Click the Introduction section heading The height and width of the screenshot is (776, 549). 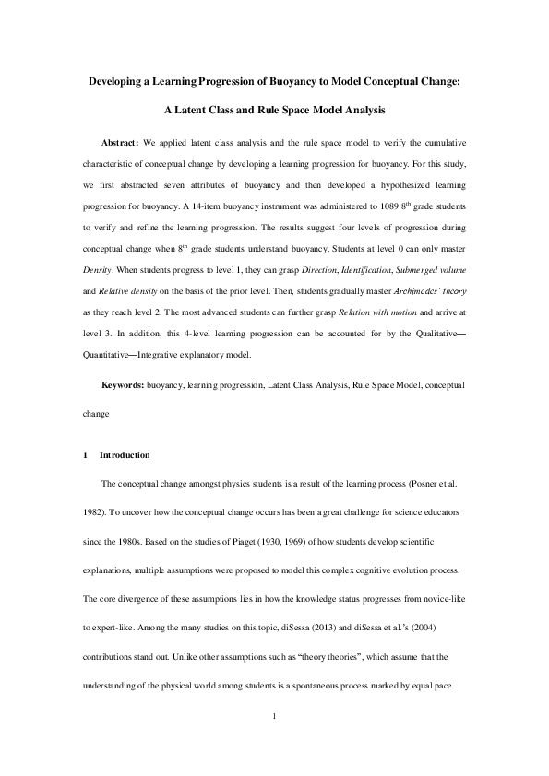tap(125, 455)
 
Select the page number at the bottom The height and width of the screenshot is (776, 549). tap(274, 715)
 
